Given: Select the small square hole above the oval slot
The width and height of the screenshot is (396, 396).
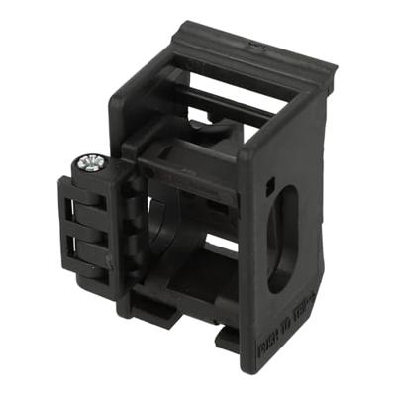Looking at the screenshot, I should tap(270, 183).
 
